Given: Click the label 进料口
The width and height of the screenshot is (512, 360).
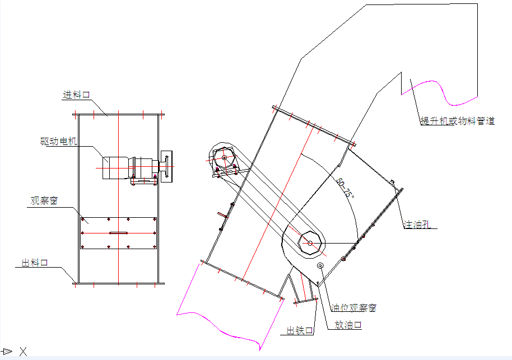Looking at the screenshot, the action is tap(76, 95).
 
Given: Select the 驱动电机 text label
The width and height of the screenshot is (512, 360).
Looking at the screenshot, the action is tap(59, 141).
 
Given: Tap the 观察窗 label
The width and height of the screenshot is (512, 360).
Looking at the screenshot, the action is tap(44, 201).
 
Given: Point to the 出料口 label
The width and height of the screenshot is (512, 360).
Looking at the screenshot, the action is tap(35, 263).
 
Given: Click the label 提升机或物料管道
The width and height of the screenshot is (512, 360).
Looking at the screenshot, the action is tap(458, 121).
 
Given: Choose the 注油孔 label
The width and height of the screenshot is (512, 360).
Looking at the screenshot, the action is tap(417, 224).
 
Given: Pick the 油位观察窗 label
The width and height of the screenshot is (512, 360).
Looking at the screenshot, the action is tap(353, 308).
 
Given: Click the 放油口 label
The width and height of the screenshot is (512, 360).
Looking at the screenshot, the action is tap(348, 325).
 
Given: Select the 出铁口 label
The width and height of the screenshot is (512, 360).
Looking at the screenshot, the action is tap(300, 331).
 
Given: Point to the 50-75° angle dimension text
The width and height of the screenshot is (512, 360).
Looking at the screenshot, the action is tap(345, 188).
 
